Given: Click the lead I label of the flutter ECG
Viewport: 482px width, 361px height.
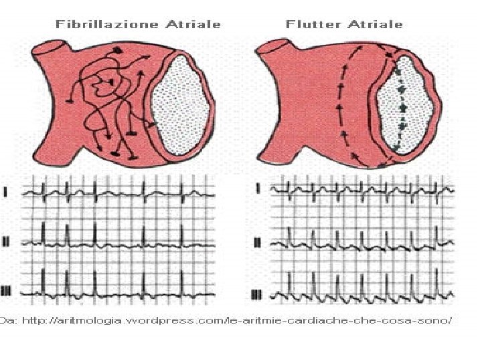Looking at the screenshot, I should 258,189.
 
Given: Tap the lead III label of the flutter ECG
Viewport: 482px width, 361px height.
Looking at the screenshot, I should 258,294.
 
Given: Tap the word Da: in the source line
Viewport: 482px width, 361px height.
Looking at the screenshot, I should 9,320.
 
